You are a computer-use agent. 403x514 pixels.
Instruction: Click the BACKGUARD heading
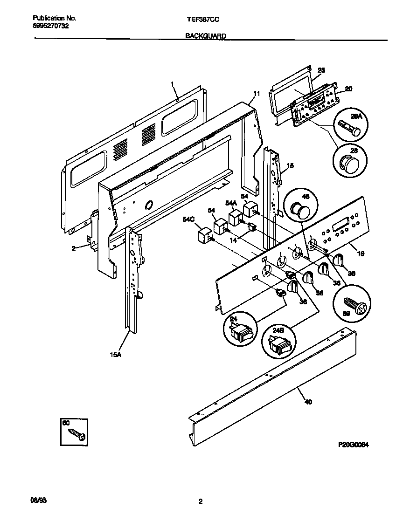[205, 35]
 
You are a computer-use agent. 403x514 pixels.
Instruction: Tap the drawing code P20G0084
[354, 445]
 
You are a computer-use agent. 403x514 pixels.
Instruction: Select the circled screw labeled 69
[354, 307]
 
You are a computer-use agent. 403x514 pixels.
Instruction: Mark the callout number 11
[256, 94]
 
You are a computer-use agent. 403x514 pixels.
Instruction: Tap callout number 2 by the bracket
[73, 248]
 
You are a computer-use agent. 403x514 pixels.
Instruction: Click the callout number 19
[361, 254]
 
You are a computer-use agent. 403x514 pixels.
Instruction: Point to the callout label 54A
[230, 203]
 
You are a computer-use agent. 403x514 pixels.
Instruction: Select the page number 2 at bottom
[201, 502]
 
